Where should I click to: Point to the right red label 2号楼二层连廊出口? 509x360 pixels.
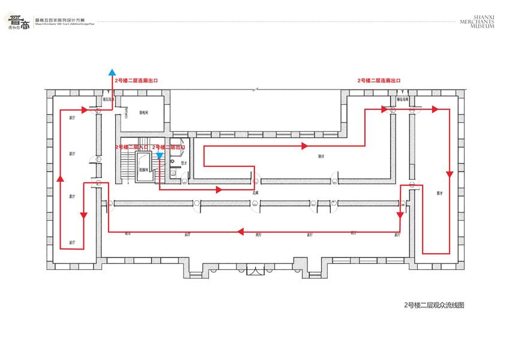[x=378, y=80]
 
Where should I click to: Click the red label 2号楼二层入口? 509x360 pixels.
[x=132, y=146]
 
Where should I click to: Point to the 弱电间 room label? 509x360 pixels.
[x=144, y=112]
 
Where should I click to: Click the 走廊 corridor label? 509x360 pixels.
[x=254, y=193]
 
